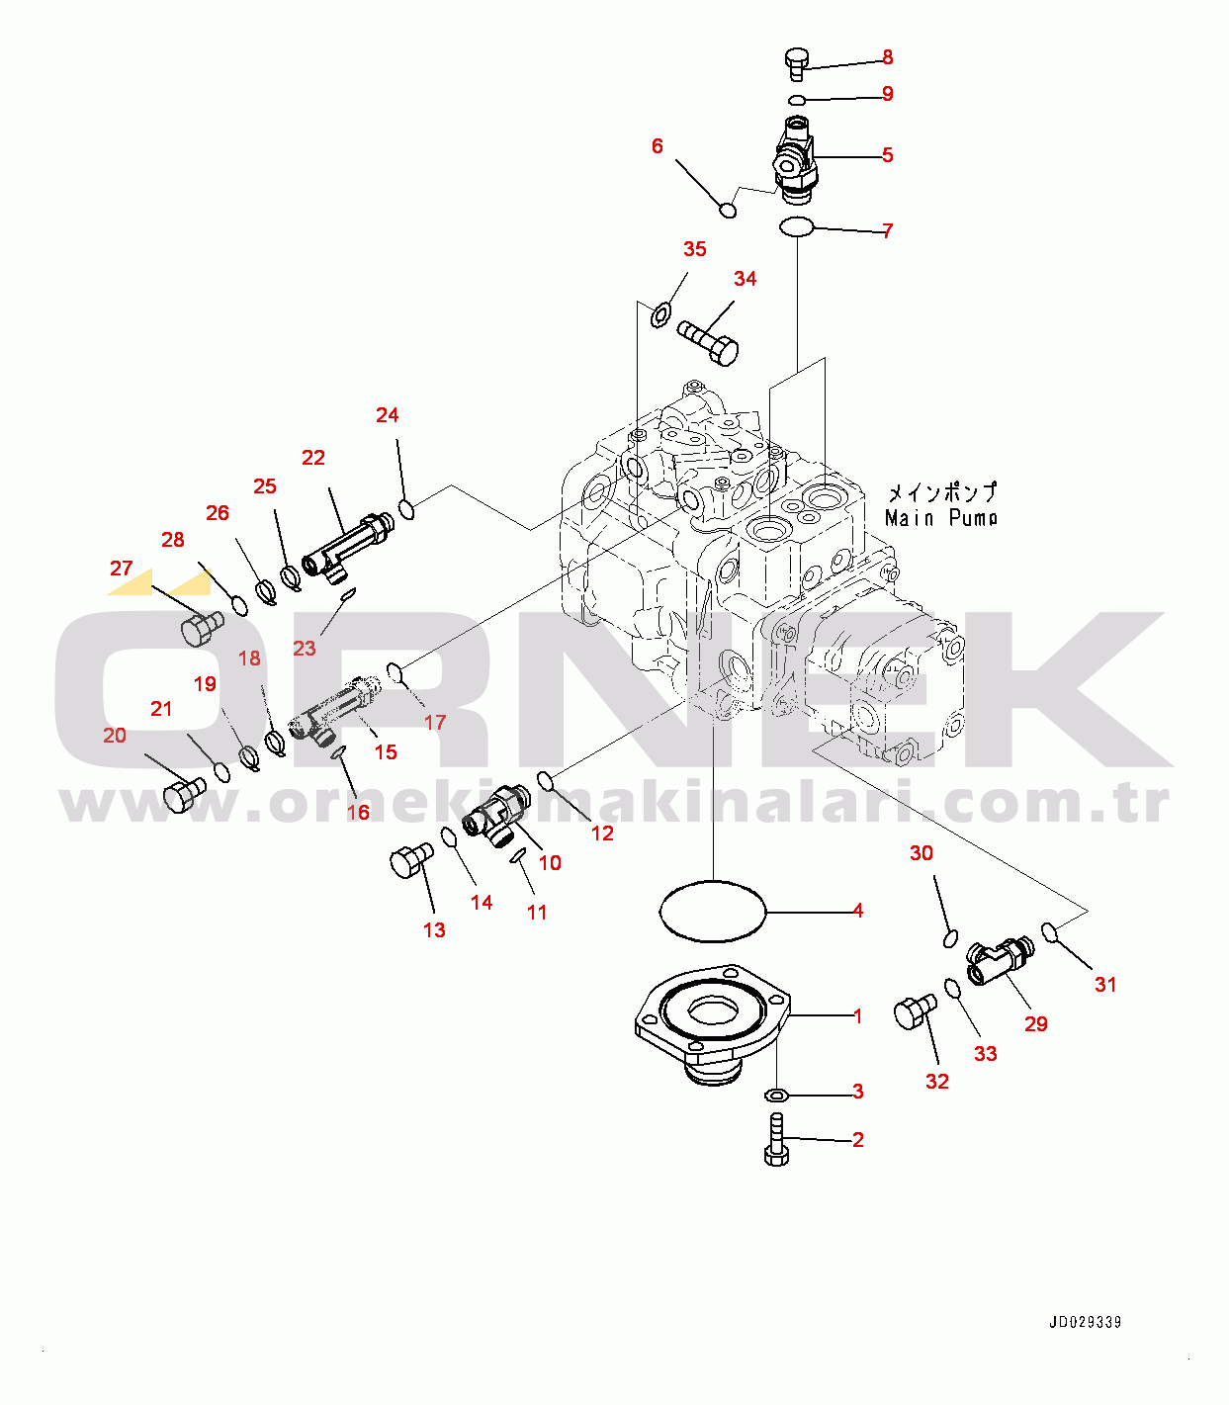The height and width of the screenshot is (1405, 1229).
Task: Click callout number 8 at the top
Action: tap(887, 57)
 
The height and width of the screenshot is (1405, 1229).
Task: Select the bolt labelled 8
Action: tap(796, 64)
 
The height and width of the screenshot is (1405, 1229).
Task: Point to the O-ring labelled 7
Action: tap(797, 226)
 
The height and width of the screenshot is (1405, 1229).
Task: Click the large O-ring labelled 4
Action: tap(712, 882)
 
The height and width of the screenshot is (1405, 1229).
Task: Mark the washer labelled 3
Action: tap(776, 1094)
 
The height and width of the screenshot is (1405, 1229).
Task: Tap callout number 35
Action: tap(694, 248)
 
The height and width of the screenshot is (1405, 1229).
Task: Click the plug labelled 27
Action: tap(203, 628)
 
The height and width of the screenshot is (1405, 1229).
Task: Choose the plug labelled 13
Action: tap(411, 860)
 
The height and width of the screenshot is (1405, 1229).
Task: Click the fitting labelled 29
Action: tap(1000, 960)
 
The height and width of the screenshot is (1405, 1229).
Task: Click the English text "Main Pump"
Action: tap(940, 518)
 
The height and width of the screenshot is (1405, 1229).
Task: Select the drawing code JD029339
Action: tap(1085, 1323)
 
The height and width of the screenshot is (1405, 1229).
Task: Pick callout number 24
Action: tap(387, 414)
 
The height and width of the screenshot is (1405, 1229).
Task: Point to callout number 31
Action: tap(1104, 985)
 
